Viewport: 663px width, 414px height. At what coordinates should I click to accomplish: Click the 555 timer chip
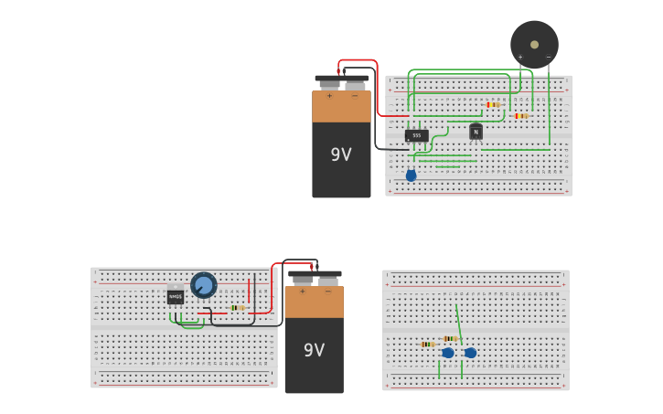(416, 135)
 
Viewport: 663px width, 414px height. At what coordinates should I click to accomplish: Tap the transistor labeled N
(476, 132)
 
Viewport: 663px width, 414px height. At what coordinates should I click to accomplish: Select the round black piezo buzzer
(534, 44)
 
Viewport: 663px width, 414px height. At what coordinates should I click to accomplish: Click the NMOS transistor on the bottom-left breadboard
(176, 296)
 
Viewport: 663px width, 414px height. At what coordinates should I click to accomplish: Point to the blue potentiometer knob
(203, 285)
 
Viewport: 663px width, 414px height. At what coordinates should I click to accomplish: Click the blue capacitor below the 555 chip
(411, 175)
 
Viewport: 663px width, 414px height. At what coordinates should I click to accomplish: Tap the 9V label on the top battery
(341, 154)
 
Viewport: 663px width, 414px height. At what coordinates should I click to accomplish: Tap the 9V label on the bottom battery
(314, 350)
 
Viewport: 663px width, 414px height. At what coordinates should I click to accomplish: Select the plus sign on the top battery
(329, 95)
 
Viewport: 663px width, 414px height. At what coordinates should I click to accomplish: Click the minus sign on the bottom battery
(327, 291)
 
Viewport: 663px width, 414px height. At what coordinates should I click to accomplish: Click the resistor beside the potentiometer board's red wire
(238, 307)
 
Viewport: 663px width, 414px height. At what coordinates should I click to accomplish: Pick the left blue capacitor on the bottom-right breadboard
(447, 353)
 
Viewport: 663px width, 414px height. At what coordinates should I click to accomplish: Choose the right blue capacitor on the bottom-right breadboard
(470, 353)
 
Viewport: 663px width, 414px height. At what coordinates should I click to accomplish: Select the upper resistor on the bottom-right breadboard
(450, 338)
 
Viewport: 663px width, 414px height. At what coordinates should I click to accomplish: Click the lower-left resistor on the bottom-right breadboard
(427, 345)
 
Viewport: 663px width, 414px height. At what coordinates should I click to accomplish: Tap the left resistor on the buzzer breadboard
(493, 105)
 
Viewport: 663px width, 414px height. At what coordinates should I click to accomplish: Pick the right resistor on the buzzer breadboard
(520, 116)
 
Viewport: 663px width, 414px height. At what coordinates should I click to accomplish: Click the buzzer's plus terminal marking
(520, 57)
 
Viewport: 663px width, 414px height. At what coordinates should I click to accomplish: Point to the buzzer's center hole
(534, 44)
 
